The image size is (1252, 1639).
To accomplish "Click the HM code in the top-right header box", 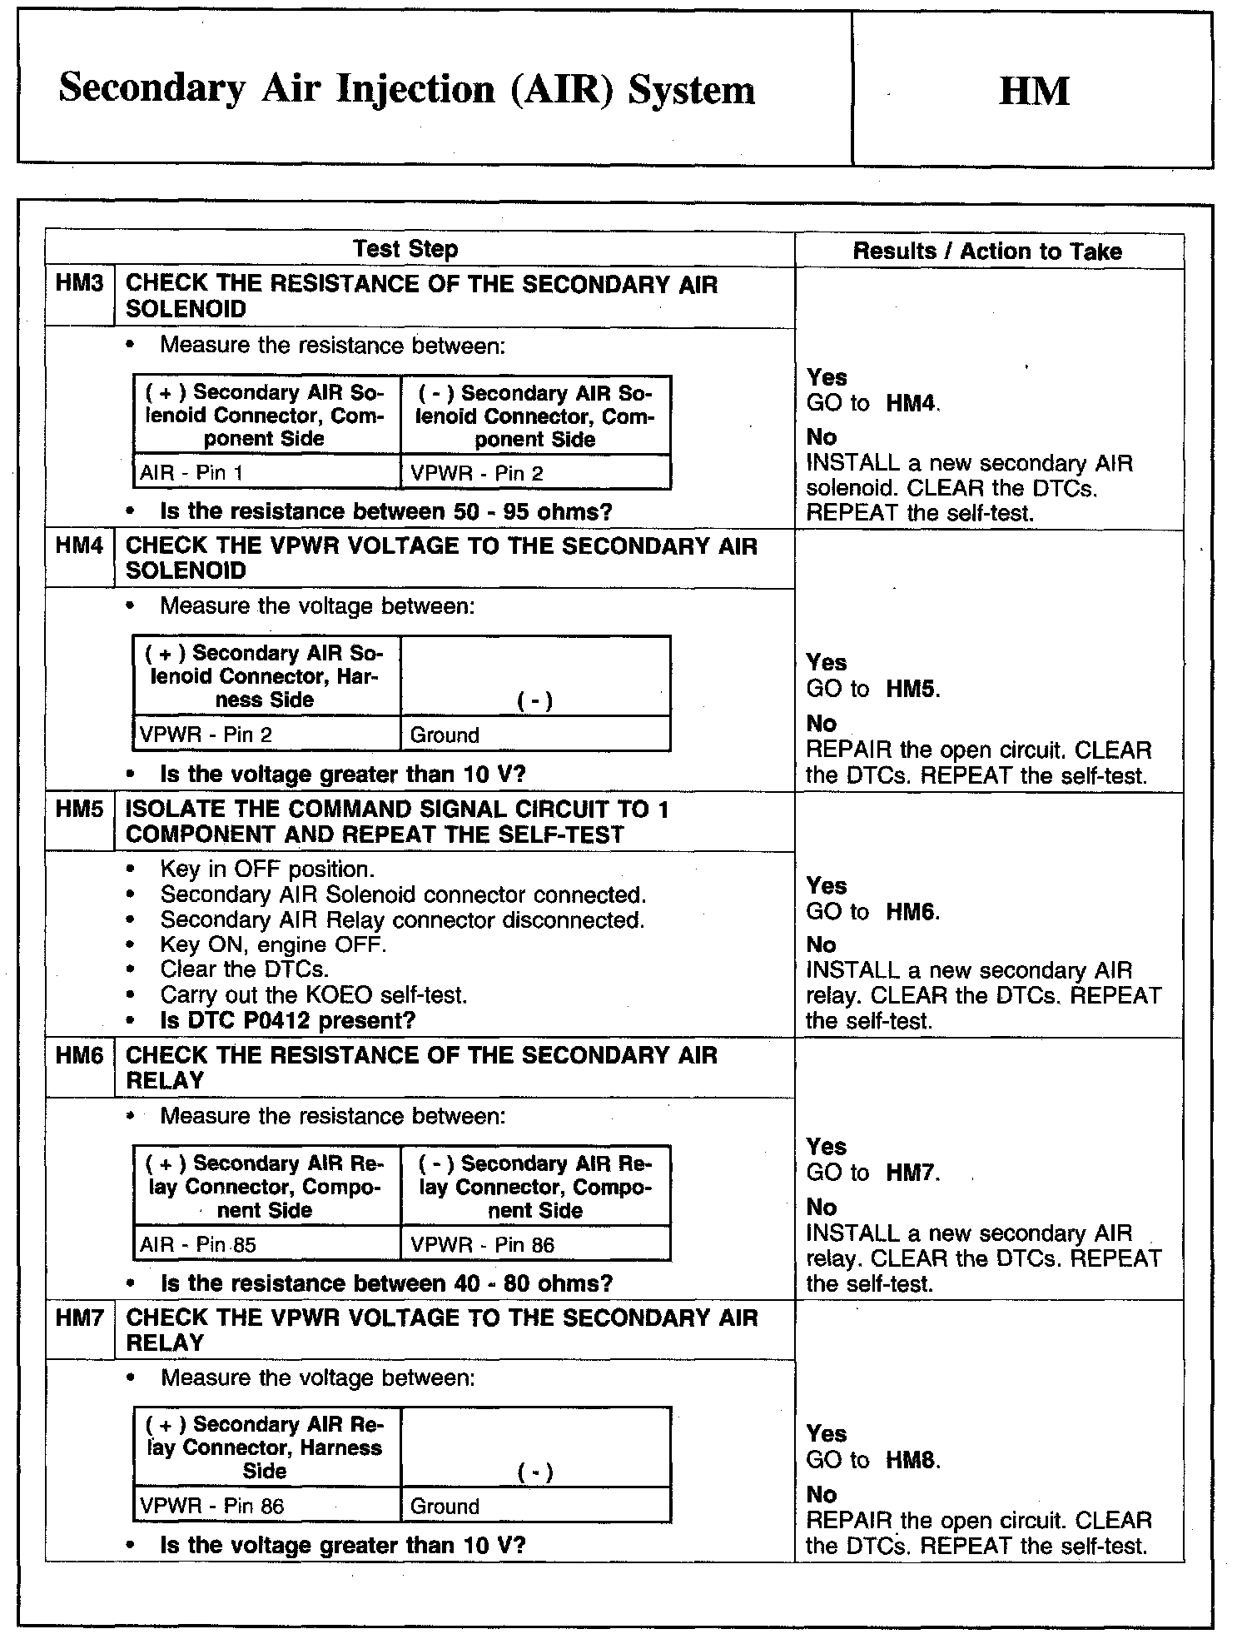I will [1033, 91].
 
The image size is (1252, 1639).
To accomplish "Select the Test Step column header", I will [405, 249].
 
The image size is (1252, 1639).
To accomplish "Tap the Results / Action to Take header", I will [987, 252].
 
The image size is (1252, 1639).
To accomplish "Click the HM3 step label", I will [79, 283].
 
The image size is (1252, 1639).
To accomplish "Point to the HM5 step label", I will [79, 810].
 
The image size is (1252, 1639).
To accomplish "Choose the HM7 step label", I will [79, 1318].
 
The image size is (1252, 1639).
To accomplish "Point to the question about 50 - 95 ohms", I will [385, 511].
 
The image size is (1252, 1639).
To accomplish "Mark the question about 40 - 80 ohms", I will [386, 1283].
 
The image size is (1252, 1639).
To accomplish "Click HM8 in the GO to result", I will [912, 1460].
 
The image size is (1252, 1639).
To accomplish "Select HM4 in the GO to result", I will [912, 404].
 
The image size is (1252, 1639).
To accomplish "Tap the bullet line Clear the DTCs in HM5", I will [245, 969].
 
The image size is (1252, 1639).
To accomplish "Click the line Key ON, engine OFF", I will [273, 944].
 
